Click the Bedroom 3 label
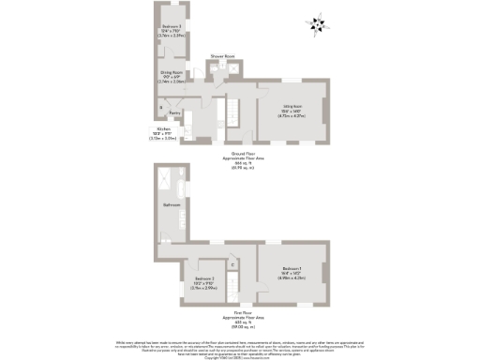click(171, 30)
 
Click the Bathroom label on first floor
click(172, 204)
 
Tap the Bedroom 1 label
click(292, 274)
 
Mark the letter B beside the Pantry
click(160, 107)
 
